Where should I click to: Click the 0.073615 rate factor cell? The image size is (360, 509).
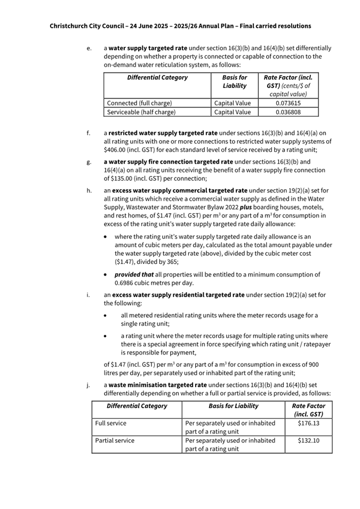(288, 103)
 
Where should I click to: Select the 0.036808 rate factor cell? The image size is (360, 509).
(288, 112)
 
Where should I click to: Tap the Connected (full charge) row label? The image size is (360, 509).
(140, 103)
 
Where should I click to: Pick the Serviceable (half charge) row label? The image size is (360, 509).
(141, 112)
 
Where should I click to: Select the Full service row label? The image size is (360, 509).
(111, 423)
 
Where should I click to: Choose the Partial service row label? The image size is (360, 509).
(115, 441)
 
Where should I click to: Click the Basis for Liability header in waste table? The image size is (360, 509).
(233, 406)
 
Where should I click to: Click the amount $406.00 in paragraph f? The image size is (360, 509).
(117, 150)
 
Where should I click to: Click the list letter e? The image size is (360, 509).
(88, 48)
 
